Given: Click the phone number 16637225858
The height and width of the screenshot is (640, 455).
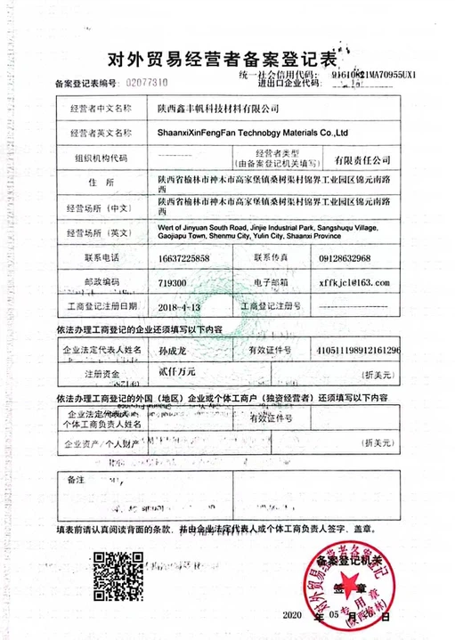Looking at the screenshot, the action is coord(184,258).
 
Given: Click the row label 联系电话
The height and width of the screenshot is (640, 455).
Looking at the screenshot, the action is coord(100,258).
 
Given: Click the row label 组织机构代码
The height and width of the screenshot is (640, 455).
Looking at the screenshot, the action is coord(100,158).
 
